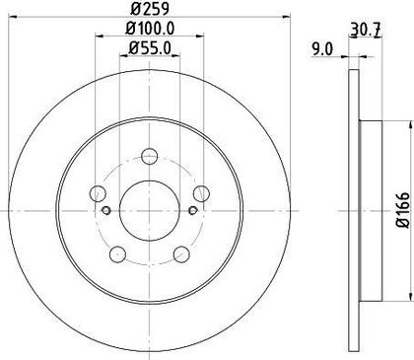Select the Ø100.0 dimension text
(150, 29)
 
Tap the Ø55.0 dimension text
(150, 48)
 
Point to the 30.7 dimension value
(366, 31)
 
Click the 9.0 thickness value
(322, 49)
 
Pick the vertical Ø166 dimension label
(403, 210)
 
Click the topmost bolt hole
(150, 156)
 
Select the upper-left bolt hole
(98, 193)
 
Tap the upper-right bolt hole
(201, 193)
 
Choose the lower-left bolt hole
(117, 254)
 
